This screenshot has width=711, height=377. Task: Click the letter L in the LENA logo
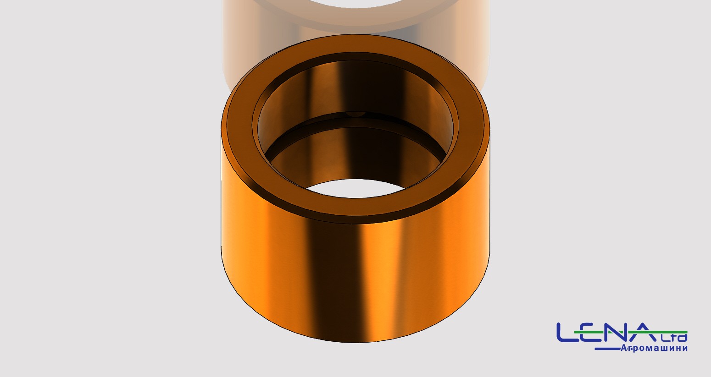(568, 333)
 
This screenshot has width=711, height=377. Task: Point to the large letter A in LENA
(644, 333)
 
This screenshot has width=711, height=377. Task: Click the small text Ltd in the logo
(673, 337)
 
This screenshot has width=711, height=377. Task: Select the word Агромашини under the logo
(654, 348)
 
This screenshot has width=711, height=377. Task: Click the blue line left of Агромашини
(607, 349)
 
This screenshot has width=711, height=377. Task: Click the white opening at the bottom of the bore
(355, 188)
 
